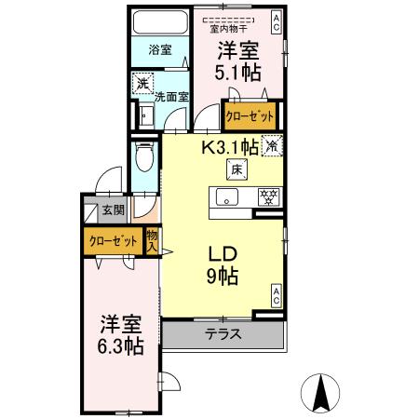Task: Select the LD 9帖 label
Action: (x=223, y=264)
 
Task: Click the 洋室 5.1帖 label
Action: (x=239, y=61)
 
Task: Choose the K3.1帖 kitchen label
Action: (x=228, y=145)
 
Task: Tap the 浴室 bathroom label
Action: (x=159, y=50)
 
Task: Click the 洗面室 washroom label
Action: (x=170, y=96)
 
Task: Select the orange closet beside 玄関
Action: (x=113, y=240)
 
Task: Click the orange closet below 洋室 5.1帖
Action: (x=250, y=117)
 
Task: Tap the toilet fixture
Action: (x=143, y=159)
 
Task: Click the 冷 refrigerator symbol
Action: (x=271, y=145)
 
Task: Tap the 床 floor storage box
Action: (x=237, y=169)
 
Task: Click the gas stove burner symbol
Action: (x=269, y=197)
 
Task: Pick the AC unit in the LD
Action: (x=276, y=297)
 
